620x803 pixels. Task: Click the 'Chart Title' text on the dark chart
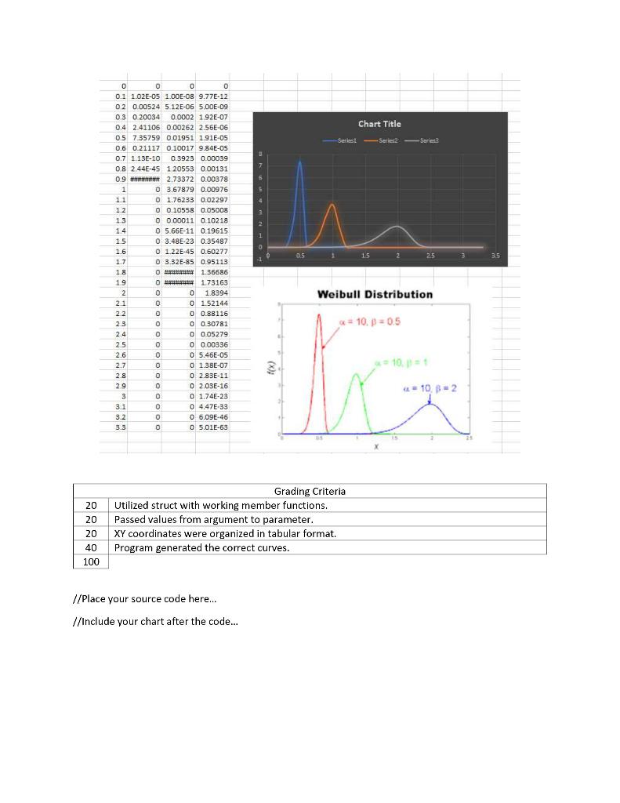click(x=379, y=124)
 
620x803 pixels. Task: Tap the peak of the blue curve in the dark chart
click(x=299, y=162)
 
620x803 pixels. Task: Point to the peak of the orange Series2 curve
click(x=332, y=205)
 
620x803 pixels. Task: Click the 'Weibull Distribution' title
click(x=374, y=294)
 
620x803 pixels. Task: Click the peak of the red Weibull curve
click(x=319, y=314)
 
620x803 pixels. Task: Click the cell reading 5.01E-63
click(x=213, y=427)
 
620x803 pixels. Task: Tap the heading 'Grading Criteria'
click(x=310, y=491)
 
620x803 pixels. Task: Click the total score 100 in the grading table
click(x=90, y=561)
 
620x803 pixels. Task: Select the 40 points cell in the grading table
click(x=90, y=547)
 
